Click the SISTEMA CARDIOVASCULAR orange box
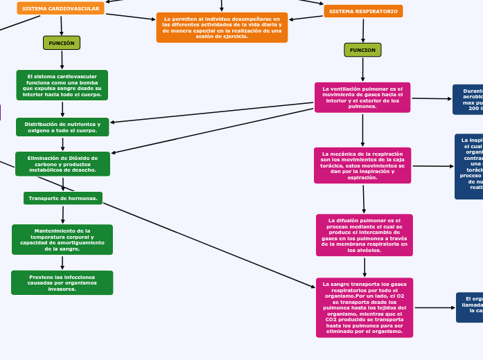(60, 8)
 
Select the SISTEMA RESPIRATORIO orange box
(363, 12)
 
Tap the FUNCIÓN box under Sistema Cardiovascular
(62, 43)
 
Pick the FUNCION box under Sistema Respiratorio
(362, 50)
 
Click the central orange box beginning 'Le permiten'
(222, 28)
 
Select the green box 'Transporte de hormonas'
(63, 198)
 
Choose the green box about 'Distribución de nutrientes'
(62, 127)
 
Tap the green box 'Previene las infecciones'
(62, 282)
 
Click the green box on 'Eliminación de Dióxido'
(62, 164)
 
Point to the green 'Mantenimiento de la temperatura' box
(62, 240)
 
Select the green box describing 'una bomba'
(62, 85)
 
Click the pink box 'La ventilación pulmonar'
(362, 98)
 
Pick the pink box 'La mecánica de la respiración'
(362, 165)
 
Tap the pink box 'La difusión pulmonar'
(365, 235)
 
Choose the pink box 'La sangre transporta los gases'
(365, 307)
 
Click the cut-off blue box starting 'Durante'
(468, 100)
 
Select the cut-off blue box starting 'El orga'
(469, 307)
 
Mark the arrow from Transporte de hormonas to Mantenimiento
(63, 215)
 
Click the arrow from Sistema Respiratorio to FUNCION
(363, 30)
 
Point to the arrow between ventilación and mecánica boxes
(362, 129)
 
